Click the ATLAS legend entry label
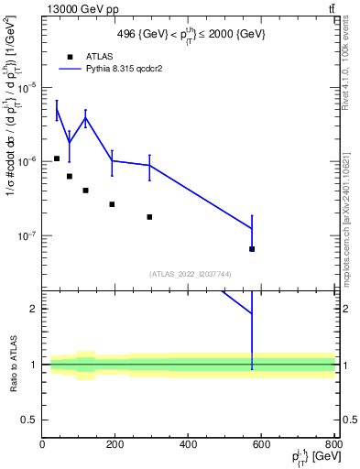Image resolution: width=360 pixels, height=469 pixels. coord(99,57)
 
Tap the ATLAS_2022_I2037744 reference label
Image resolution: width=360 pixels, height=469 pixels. coord(190,274)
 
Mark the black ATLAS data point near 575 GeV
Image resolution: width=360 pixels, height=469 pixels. coord(252,248)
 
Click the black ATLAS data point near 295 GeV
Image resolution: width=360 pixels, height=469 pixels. coord(149,217)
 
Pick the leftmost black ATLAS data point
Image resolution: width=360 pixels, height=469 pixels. coord(57,158)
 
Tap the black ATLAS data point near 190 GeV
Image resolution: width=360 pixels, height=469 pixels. coord(112,204)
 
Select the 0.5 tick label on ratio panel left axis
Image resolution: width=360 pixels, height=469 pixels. coord(29,420)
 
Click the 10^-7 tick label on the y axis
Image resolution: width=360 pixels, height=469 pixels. coord(27,235)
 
